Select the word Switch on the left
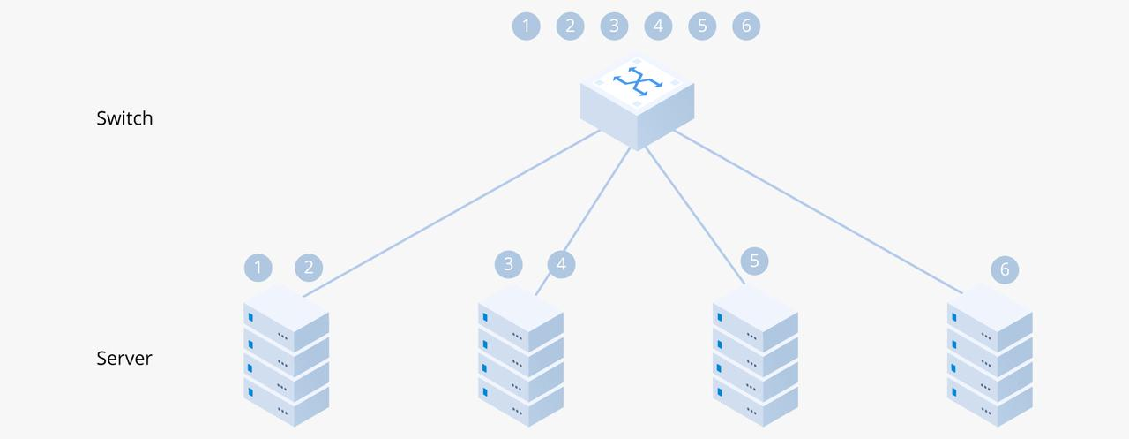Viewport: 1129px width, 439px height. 124,118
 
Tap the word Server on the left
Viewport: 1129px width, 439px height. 124,359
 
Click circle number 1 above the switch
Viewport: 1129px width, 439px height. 526,26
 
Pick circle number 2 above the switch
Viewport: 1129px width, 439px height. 570,26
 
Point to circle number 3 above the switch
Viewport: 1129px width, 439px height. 614,26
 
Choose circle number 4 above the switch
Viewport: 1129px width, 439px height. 658,26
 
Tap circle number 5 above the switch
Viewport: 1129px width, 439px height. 702,26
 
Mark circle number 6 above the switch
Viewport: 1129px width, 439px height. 746,26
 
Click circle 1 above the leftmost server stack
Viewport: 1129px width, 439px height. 258,267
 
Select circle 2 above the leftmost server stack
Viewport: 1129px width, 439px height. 309,267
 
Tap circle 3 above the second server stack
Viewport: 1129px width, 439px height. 509,263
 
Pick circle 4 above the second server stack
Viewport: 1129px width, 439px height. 561,263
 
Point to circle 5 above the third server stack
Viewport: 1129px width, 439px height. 754,261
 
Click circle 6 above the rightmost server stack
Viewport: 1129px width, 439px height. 1005,269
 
